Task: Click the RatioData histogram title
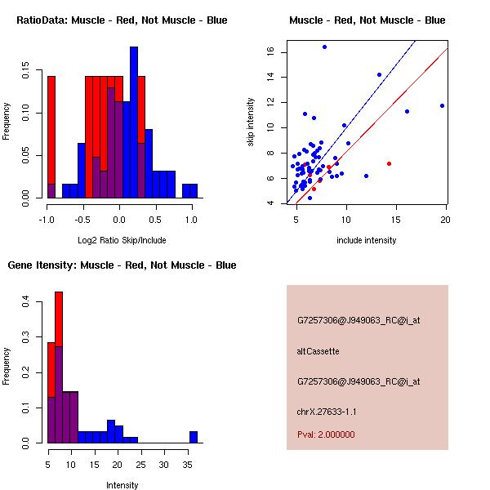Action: [122, 20]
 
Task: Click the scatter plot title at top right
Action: [367, 20]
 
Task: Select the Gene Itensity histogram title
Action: [122, 265]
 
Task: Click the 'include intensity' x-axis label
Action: [367, 240]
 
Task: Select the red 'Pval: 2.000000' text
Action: [326, 434]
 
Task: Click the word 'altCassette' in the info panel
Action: [318, 351]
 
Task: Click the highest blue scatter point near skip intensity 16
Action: [324, 47]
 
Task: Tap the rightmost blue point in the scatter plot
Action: [442, 105]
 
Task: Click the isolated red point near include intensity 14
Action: [389, 163]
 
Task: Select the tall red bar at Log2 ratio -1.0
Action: [51, 135]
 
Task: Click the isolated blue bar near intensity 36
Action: [194, 437]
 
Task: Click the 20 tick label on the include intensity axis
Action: [446, 220]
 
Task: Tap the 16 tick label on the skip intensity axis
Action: [268, 52]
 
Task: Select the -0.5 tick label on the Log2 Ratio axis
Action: [82, 220]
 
